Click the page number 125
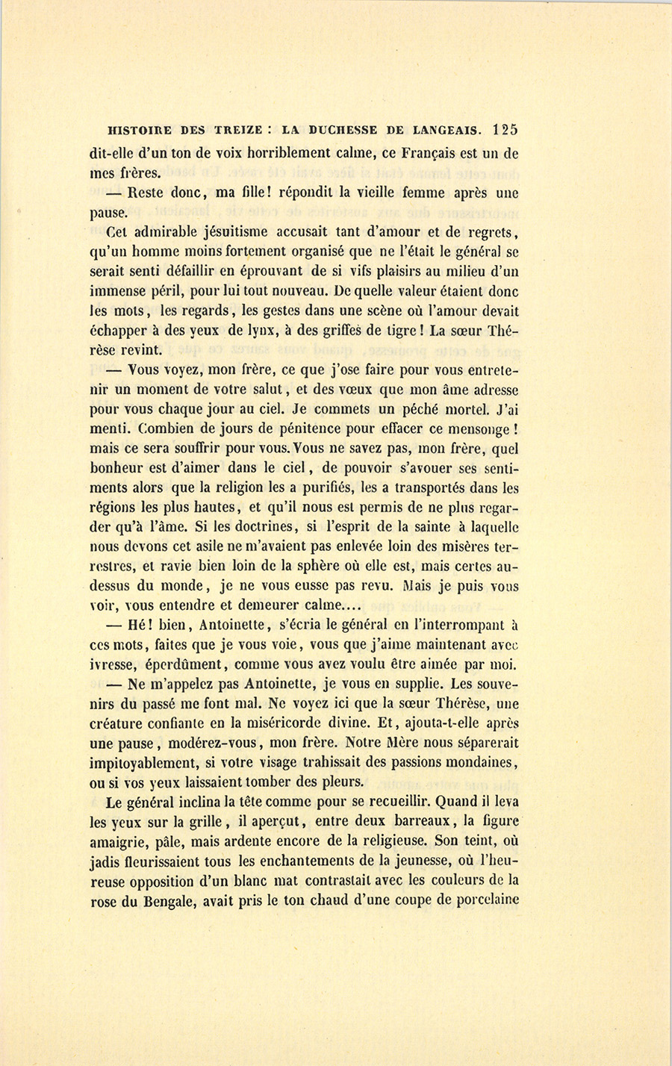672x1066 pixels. point(505,128)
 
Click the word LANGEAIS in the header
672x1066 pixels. point(443,129)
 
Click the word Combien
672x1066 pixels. point(152,429)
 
